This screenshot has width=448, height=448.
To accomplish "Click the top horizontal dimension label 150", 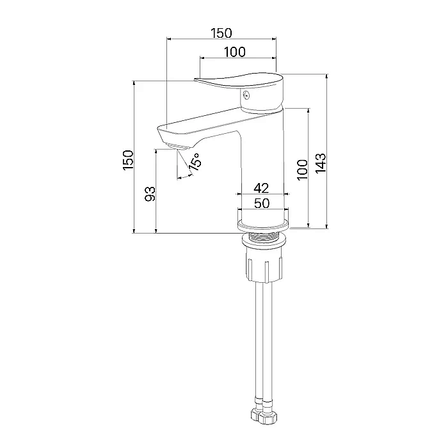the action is click(x=221, y=33).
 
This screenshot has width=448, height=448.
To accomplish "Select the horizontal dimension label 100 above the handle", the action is click(x=235, y=52).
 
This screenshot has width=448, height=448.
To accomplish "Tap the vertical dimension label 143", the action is click(x=321, y=163).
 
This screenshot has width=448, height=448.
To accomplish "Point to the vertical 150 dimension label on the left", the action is click(x=128, y=160).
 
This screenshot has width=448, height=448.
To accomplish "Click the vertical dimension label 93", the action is click(x=150, y=194).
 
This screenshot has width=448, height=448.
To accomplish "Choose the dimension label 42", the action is click(x=261, y=188).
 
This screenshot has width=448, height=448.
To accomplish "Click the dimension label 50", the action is click(x=262, y=204).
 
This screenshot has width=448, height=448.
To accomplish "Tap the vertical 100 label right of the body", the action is click(x=303, y=170).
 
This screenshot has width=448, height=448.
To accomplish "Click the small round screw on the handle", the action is click(x=246, y=95).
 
